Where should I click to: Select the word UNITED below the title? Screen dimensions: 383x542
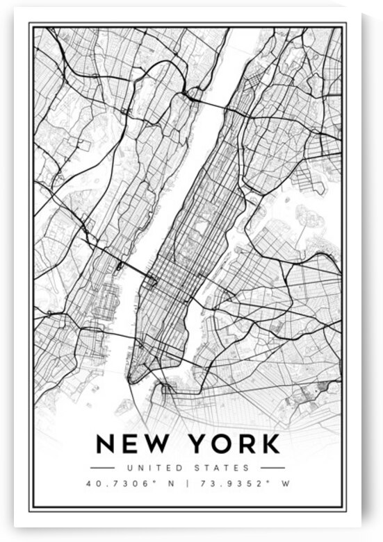pyautogui.click(x=148, y=468)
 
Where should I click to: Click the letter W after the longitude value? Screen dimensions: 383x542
pyautogui.click(x=284, y=484)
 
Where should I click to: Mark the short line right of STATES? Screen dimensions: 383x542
pyautogui.click(x=272, y=468)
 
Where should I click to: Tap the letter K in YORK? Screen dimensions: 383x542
pyautogui.click(x=269, y=443)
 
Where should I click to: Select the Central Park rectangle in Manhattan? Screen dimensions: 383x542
pyautogui.click(x=204, y=228)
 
